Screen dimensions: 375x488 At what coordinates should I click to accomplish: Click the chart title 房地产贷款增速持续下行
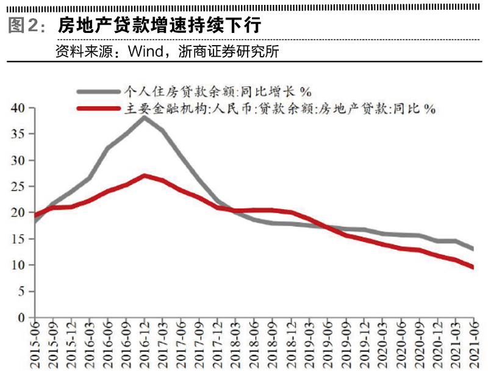click(x=160, y=26)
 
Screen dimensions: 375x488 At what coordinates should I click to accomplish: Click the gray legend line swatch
click(x=98, y=91)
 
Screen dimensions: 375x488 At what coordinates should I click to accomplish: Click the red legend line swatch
click(x=98, y=109)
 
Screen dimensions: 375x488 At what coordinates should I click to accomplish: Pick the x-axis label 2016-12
click(x=144, y=345)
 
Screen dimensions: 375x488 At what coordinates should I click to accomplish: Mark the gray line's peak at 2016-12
click(x=144, y=116)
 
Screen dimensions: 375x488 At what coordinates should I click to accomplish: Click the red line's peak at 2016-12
click(x=144, y=176)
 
